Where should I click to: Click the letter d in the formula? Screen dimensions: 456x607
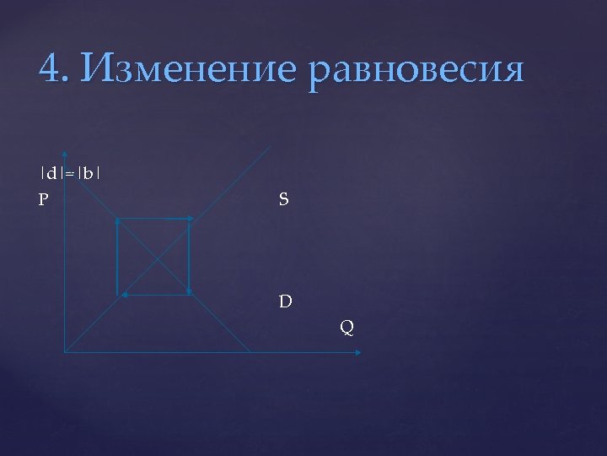click(x=53, y=175)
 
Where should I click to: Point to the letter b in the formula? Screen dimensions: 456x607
click(x=88, y=175)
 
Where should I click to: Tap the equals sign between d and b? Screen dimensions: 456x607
click(x=70, y=176)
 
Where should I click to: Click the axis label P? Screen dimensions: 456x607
click(x=43, y=201)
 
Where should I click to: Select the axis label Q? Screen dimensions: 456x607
click(x=346, y=325)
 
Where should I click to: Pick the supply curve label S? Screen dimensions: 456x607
click(x=283, y=200)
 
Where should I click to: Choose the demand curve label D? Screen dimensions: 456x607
click(x=286, y=300)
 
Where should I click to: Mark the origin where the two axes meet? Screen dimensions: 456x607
click(x=65, y=352)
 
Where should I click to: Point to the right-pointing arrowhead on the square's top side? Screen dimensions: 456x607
click(x=191, y=219)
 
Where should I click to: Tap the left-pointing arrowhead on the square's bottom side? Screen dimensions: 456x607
click(x=122, y=295)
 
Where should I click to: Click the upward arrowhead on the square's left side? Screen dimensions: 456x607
click(x=116, y=222)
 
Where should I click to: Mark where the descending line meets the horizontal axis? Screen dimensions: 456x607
click(x=250, y=352)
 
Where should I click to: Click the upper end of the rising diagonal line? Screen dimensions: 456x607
click(x=271, y=147)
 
